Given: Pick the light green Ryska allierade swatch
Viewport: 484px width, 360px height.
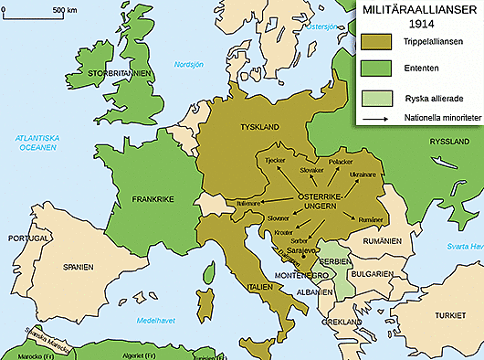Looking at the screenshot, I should point(377,99).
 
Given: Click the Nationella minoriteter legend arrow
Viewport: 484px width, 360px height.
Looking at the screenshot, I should point(377,118).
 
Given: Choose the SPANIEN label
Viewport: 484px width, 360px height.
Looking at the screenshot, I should point(79,268).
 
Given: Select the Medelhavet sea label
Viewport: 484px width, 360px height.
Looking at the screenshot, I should point(156,322).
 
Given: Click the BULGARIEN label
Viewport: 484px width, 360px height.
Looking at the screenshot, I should point(374,272).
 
